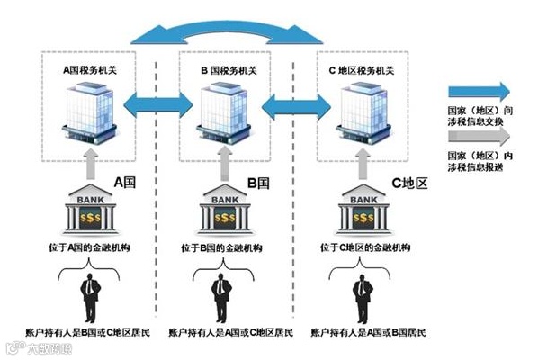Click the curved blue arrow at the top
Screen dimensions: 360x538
click(225, 31)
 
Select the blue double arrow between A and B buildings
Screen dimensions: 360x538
click(155, 105)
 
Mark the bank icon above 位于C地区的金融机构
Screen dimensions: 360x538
click(362, 212)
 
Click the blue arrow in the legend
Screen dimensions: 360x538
click(478, 91)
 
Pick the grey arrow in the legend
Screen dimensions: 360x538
click(478, 134)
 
